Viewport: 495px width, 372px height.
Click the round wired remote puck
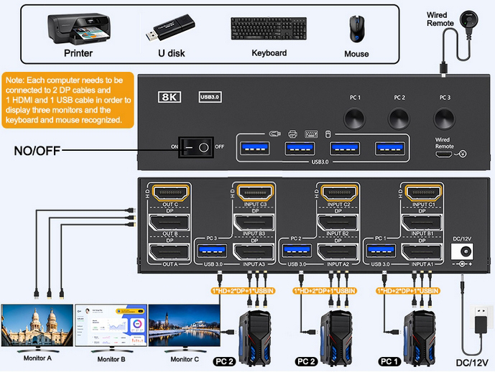click(x=471, y=14)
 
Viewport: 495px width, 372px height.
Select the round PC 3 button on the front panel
click(x=444, y=118)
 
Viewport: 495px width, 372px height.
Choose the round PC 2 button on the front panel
click(x=399, y=118)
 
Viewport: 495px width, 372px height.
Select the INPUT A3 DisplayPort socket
click(x=254, y=251)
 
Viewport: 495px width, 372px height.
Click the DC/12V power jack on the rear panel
click(x=461, y=252)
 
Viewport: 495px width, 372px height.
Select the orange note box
click(x=68, y=100)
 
